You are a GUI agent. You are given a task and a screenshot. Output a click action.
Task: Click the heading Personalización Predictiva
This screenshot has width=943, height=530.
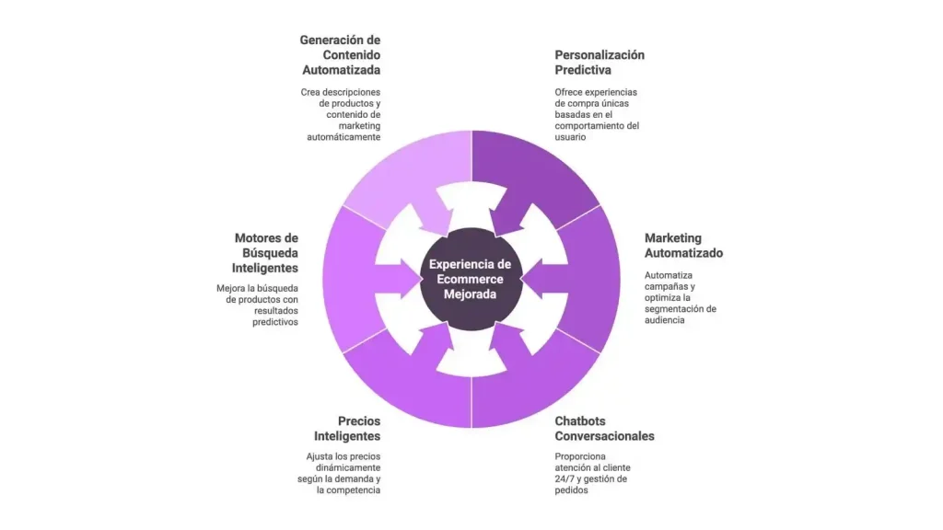pos(599,62)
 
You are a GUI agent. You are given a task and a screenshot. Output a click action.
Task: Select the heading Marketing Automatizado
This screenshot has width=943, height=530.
pos(683,246)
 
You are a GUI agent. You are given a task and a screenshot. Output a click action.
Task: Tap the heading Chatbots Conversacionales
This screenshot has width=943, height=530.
pos(604,428)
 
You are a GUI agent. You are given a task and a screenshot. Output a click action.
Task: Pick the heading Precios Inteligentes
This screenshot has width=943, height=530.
pos(346,428)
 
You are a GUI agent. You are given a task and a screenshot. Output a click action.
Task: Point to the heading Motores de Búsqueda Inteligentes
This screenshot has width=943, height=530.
pos(265,253)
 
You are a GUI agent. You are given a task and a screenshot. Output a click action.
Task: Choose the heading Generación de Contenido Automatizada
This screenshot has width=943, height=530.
pos(340,54)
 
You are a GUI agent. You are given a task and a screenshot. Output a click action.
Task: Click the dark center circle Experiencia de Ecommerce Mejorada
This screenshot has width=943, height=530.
pos(471,279)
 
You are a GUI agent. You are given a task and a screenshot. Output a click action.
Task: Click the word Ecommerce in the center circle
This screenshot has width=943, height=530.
pos(471,279)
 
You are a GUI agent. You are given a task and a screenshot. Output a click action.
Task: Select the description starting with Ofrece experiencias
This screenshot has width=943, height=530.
pos(597,114)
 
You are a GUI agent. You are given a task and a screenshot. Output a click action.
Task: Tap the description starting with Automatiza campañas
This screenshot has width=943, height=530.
pos(680,297)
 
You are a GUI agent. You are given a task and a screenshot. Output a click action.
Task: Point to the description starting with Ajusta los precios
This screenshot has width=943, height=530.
pos(343,473)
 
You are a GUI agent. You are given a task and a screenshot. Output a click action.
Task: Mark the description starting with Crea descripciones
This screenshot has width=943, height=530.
pos(342,114)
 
